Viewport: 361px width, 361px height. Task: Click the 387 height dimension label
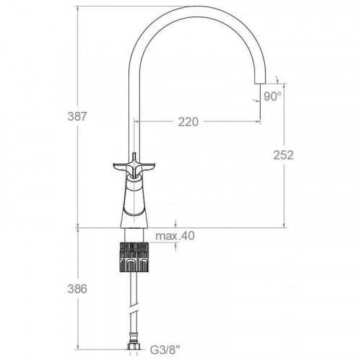(x=77, y=117)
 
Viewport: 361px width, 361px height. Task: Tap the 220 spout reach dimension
(x=188, y=122)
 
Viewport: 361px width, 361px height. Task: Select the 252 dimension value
(x=284, y=155)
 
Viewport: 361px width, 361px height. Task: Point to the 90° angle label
(x=272, y=97)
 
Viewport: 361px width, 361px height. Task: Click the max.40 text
(x=175, y=236)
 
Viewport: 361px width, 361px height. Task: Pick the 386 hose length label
(x=77, y=289)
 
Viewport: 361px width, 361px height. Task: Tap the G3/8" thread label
(x=165, y=350)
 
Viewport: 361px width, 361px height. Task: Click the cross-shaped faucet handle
(x=134, y=167)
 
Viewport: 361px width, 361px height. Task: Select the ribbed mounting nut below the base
(x=134, y=257)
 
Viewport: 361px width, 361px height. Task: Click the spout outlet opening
(x=261, y=84)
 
